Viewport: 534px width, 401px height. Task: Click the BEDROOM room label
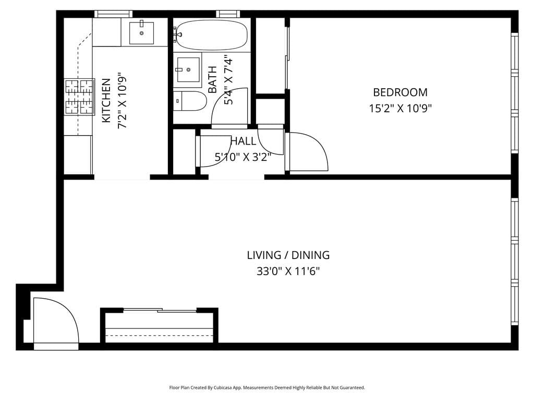[x=400, y=92]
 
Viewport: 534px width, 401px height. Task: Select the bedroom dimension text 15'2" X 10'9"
[x=400, y=109]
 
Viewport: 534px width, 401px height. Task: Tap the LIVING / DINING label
[x=288, y=255]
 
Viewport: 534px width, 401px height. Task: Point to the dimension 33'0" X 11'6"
[x=288, y=272]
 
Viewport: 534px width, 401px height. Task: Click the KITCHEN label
[x=106, y=100]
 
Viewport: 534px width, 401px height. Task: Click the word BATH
[x=213, y=79]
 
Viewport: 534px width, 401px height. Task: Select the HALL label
[x=243, y=141]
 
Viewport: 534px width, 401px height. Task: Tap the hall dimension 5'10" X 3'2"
[x=243, y=157]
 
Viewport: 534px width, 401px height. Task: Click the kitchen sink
[x=141, y=33]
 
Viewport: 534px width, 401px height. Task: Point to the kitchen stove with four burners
[x=79, y=97]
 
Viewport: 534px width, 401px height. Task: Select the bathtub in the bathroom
[x=211, y=35]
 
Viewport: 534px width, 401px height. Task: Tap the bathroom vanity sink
[x=188, y=69]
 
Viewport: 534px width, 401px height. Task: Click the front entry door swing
[x=55, y=321]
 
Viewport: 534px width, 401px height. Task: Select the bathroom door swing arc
[x=229, y=112]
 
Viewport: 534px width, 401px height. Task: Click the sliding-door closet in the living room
[x=159, y=326]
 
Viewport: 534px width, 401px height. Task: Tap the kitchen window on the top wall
[x=113, y=14]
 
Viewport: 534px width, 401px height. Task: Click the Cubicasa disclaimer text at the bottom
[x=267, y=387]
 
